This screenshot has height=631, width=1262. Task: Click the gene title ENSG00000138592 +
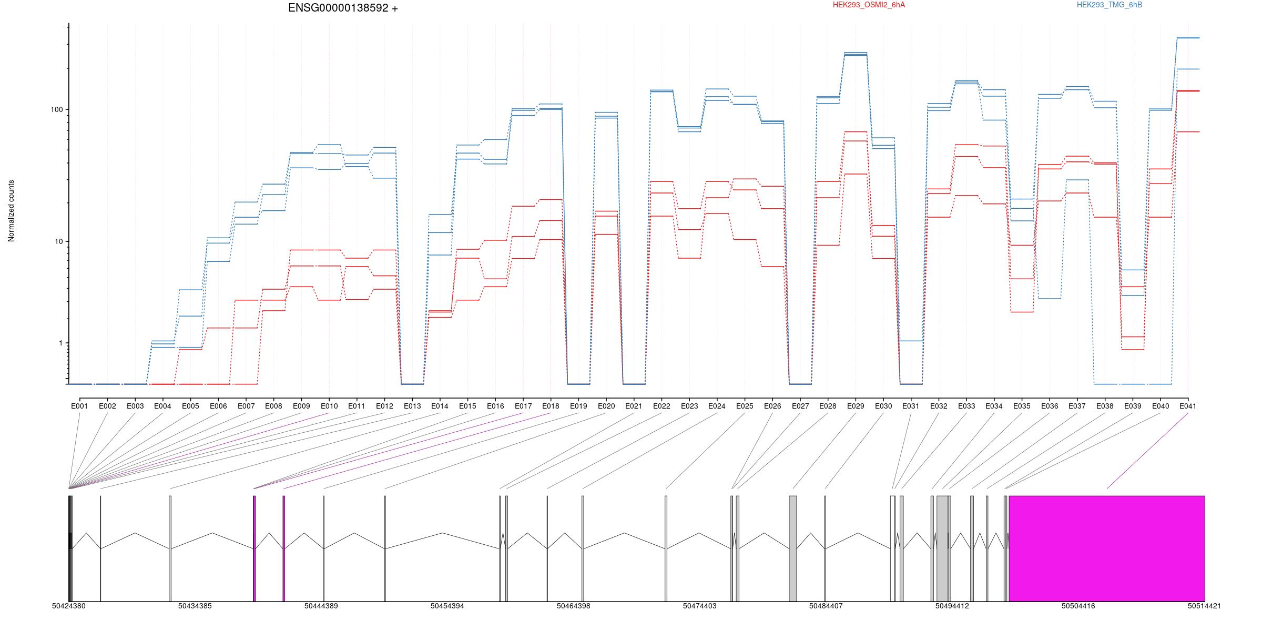(x=343, y=8)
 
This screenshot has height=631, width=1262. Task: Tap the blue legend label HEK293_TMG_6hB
(x=1110, y=5)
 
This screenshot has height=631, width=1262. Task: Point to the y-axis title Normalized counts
(x=11, y=211)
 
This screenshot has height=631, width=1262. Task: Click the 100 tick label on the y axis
(x=56, y=109)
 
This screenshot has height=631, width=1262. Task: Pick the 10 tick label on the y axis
(x=58, y=241)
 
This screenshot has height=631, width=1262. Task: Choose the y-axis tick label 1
(x=60, y=343)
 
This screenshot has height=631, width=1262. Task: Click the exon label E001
(x=79, y=406)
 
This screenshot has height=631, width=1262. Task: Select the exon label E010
(x=329, y=406)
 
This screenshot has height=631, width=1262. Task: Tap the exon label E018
(x=551, y=406)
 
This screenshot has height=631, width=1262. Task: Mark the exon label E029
(x=856, y=406)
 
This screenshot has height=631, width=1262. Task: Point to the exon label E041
(x=1188, y=406)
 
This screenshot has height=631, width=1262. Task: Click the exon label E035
(x=1022, y=406)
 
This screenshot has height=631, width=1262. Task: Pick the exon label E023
(x=689, y=406)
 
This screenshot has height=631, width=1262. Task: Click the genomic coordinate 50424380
(x=69, y=606)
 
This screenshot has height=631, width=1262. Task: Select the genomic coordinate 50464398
(x=574, y=606)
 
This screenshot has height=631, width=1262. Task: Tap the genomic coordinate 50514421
(x=1204, y=606)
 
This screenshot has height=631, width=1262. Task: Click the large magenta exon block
(x=1107, y=548)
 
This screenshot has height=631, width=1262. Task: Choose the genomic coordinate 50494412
(x=952, y=606)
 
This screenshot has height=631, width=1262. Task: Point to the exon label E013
(x=412, y=406)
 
